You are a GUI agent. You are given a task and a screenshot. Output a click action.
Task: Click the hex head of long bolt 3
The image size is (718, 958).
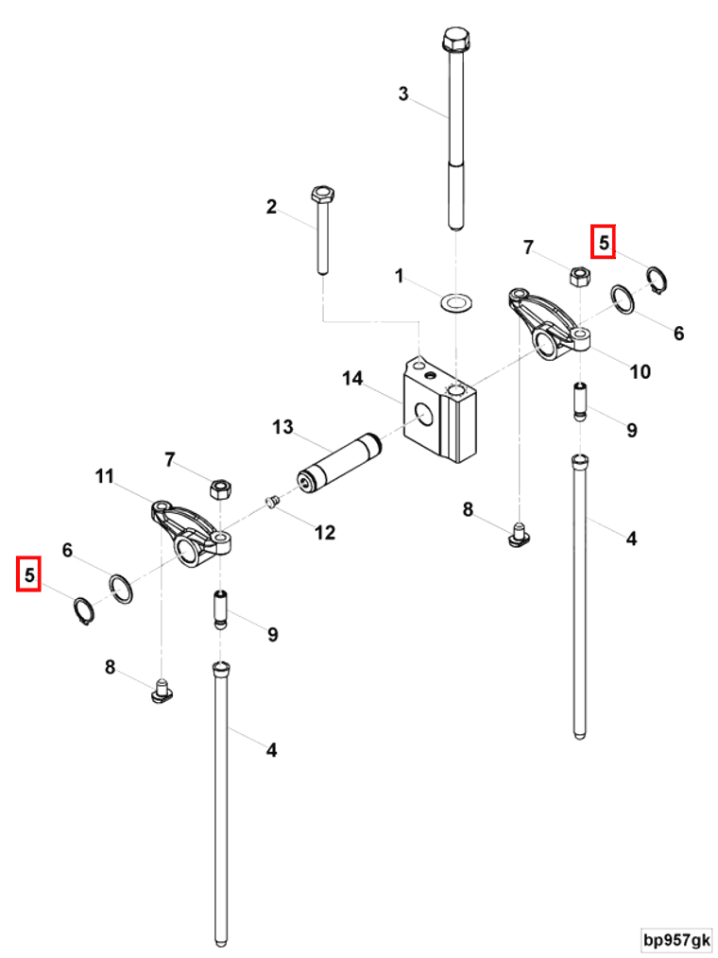point(453,40)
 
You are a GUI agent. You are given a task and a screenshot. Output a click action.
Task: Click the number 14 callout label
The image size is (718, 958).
point(352,379)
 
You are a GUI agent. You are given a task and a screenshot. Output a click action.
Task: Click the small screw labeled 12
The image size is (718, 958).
point(269,503)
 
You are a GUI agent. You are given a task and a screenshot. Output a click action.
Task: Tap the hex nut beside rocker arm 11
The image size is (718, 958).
point(220,488)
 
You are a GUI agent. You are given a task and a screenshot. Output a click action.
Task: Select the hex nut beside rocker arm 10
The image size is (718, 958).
point(579,276)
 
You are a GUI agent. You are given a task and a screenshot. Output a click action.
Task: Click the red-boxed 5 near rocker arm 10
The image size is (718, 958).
point(603,242)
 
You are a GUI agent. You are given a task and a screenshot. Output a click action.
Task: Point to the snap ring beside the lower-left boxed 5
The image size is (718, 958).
point(84,612)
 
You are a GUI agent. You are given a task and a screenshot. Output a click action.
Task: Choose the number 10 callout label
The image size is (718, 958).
point(640,371)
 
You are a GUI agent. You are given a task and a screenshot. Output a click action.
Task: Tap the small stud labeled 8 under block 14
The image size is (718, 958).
point(517,536)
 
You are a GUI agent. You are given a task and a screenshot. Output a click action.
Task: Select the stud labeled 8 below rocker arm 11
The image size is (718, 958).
point(162,693)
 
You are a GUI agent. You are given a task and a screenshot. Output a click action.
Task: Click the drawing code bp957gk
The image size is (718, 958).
point(676,940)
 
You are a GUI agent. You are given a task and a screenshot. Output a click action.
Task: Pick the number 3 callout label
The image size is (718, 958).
point(403,94)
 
